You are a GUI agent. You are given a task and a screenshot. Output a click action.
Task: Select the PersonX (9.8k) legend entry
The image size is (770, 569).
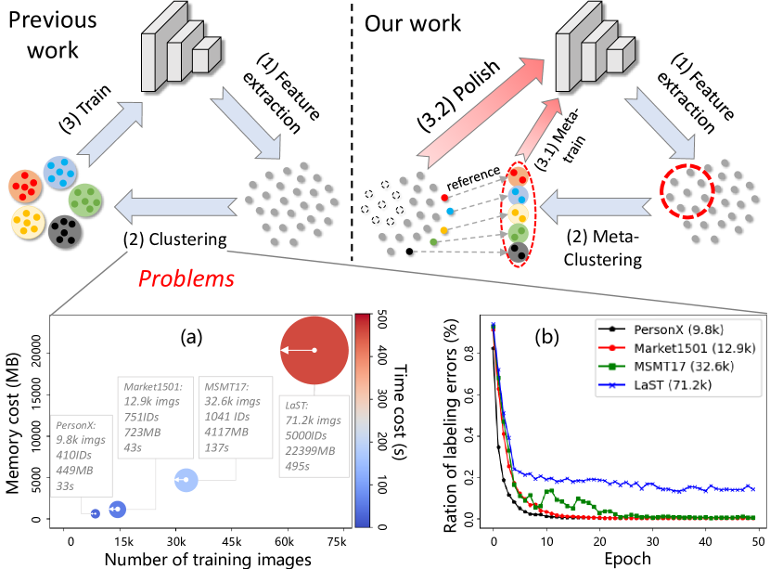click(667, 330)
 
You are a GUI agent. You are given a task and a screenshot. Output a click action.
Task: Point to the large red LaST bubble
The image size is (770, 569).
click(314, 349)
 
